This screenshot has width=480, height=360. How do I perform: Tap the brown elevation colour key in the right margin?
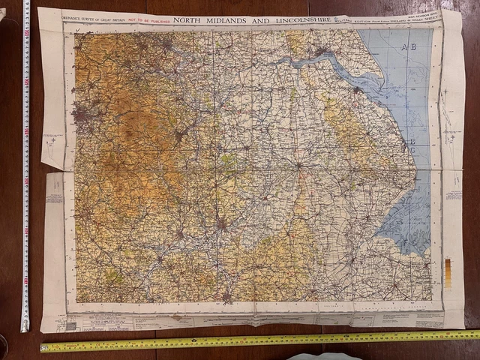(448, 272)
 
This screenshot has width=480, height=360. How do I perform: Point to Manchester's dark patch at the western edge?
(82, 114)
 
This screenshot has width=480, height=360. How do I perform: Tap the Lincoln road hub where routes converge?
(298, 163)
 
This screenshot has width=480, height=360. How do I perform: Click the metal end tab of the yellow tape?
(42, 347)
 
